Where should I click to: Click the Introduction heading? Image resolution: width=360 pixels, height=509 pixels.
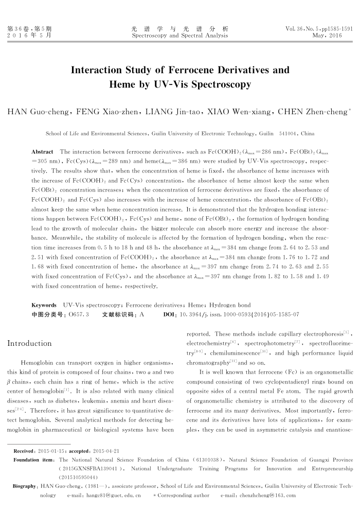(29, 343)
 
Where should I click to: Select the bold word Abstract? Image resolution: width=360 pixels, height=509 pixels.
(42, 152)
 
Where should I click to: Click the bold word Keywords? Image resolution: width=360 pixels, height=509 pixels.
(44, 305)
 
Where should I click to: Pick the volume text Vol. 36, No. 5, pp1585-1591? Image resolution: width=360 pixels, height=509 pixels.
(318, 28)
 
